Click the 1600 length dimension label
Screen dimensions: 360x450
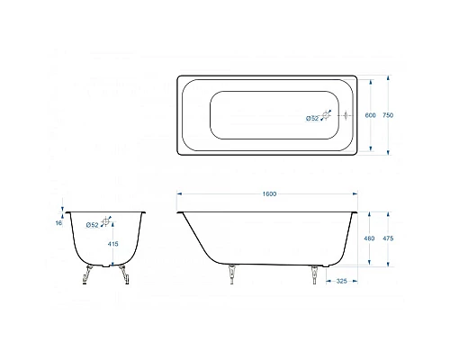[269, 195]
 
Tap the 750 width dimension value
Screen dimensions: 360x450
[387, 116]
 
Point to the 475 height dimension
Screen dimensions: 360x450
[388, 238]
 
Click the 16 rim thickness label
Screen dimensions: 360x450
[58, 222]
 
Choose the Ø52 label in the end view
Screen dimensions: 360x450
[92, 224]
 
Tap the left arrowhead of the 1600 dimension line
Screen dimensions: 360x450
[179, 194]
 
